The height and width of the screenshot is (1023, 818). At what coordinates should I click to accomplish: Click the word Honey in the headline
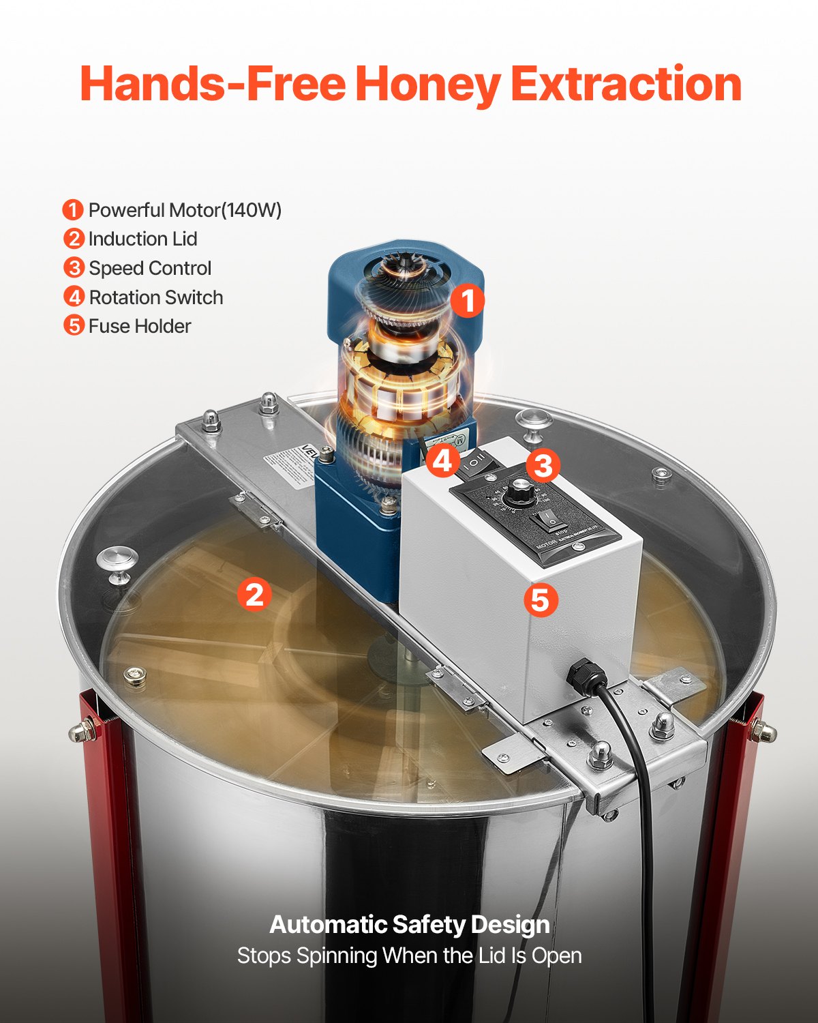coord(427,85)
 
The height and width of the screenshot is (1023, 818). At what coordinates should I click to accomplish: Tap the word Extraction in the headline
coord(626,84)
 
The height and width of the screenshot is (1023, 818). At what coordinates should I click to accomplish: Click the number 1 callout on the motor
coord(467,300)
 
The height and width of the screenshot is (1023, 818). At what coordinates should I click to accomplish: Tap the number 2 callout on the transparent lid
coord(254,594)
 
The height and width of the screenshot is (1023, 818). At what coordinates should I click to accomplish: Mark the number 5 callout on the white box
coord(541,600)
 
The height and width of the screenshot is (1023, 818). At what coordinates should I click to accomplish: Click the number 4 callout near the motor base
coord(443,461)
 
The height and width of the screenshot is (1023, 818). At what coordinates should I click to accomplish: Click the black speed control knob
coord(520,489)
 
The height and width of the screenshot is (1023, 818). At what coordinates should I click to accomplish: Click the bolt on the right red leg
coord(762,732)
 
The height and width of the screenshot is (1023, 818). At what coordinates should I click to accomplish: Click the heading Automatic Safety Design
coord(409,925)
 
